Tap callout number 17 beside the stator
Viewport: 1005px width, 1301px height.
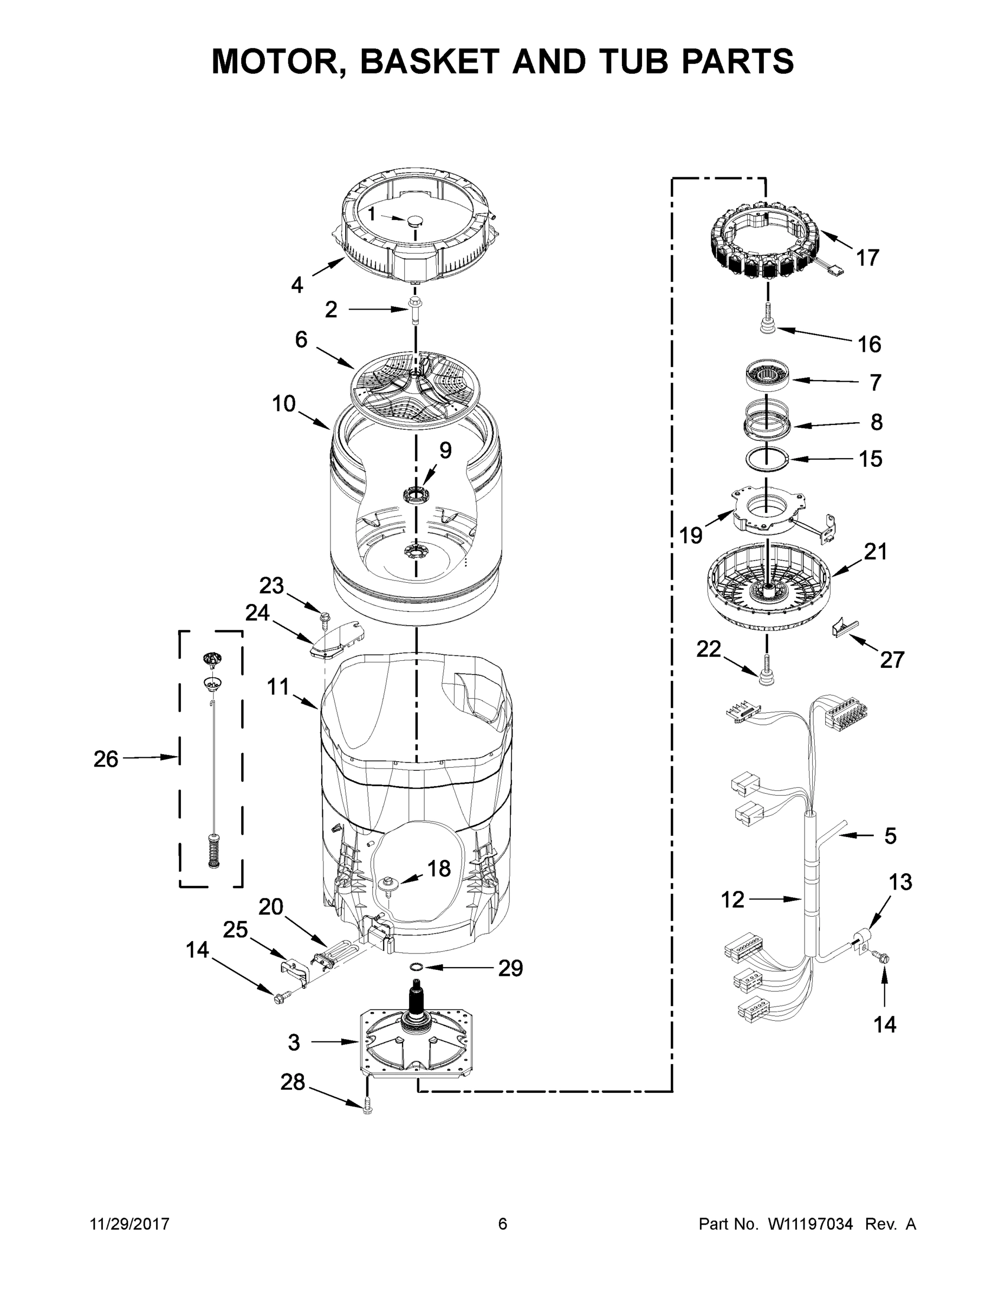coord(867,258)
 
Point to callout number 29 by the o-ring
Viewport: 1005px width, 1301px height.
coord(510,969)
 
